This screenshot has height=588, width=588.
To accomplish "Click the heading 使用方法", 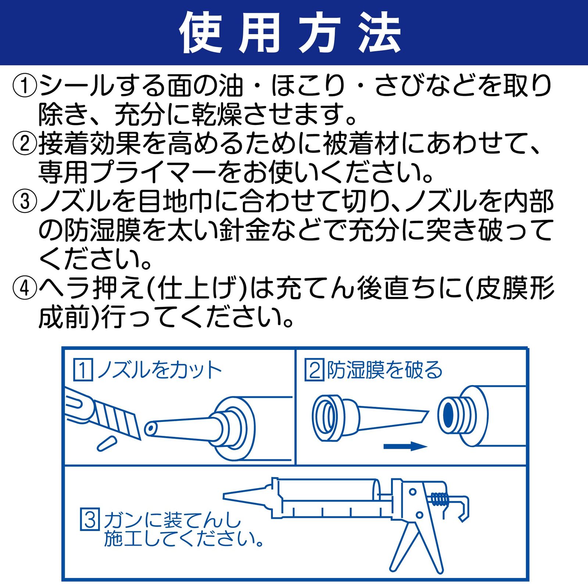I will pyautogui.click(x=290, y=33).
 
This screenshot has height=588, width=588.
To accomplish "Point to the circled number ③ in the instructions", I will pyautogui.click(x=25, y=201).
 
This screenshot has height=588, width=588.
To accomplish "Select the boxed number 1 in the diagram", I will pyautogui.click(x=83, y=370).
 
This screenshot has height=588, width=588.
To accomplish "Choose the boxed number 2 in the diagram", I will pyautogui.click(x=314, y=370).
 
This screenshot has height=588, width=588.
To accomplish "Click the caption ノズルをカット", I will pyautogui.click(x=159, y=370).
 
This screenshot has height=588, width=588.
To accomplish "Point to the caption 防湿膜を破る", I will pyautogui.click(x=384, y=370).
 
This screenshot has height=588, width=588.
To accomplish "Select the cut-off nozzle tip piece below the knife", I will pyautogui.click(x=107, y=443).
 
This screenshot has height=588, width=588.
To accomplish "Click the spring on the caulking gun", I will pyautogui.click(x=439, y=499).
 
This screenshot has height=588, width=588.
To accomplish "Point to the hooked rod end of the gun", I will pyautogui.click(x=464, y=509).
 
